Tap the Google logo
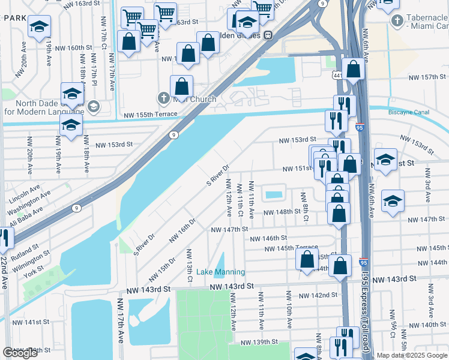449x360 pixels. point(20,353)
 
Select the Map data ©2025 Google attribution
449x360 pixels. point(412,355)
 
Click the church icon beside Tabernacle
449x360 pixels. point(396,22)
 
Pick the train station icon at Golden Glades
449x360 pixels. point(270,34)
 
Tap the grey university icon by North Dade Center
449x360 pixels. point(93,107)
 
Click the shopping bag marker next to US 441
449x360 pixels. point(354,70)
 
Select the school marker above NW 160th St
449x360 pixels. point(39,27)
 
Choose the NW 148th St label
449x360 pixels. point(280,211)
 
